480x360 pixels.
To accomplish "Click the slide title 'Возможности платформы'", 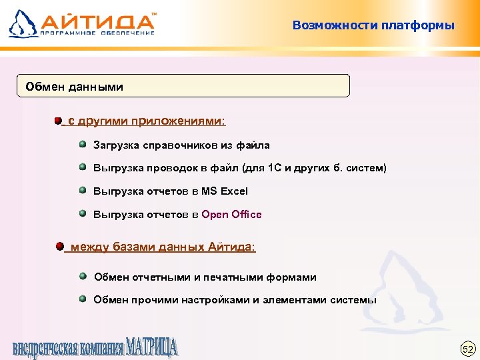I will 373,26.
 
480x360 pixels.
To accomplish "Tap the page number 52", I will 467,348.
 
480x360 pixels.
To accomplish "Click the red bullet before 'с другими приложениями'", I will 59,121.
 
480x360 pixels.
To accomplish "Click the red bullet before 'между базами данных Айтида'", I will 60,246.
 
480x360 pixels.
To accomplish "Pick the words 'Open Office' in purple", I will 231,215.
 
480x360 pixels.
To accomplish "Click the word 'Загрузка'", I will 115,145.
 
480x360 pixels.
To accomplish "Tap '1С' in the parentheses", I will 275,168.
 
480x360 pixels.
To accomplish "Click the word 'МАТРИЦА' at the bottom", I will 151,348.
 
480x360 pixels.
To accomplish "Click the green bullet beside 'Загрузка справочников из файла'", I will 82,143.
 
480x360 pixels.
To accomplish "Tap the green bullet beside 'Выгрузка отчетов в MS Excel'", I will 82,190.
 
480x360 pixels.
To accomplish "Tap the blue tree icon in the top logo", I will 21,23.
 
